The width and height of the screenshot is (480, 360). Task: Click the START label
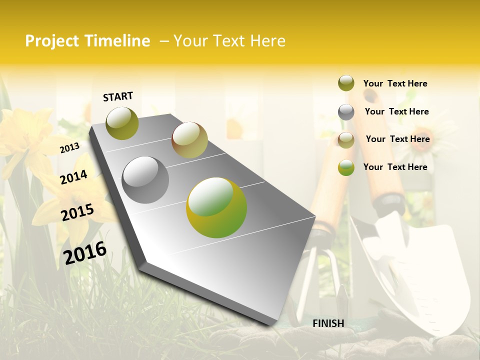click(x=118, y=96)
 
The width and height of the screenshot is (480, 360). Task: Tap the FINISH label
click(x=328, y=323)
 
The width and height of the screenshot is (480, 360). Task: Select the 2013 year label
click(x=69, y=147)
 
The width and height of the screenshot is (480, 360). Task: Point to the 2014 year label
click(x=73, y=177)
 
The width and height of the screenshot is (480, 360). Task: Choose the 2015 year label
click(x=77, y=212)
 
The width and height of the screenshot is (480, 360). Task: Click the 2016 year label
click(x=85, y=252)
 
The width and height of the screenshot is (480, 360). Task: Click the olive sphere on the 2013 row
click(x=122, y=123)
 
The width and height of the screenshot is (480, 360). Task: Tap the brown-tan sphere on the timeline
click(x=189, y=140)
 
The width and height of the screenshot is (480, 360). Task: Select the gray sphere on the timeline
click(x=145, y=180)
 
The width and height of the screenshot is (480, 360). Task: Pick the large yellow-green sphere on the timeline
click(x=216, y=207)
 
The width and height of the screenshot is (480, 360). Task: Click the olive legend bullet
click(x=346, y=83)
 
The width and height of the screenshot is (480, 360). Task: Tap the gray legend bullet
click(x=346, y=112)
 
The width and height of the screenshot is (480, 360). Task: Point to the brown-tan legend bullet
click(x=346, y=140)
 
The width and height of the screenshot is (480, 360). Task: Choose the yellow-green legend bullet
click(x=346, y=167)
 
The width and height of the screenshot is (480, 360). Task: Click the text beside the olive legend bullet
click(x=395, y=83)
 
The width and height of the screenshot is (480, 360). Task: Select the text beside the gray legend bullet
click(x=396, y=111)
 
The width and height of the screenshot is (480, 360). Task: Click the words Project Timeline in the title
click(x=87, y=41)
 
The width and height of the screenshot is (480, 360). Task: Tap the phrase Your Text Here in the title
click(x=229, y=41)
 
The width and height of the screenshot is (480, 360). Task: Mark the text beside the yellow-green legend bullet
click(x=395, y=167)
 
